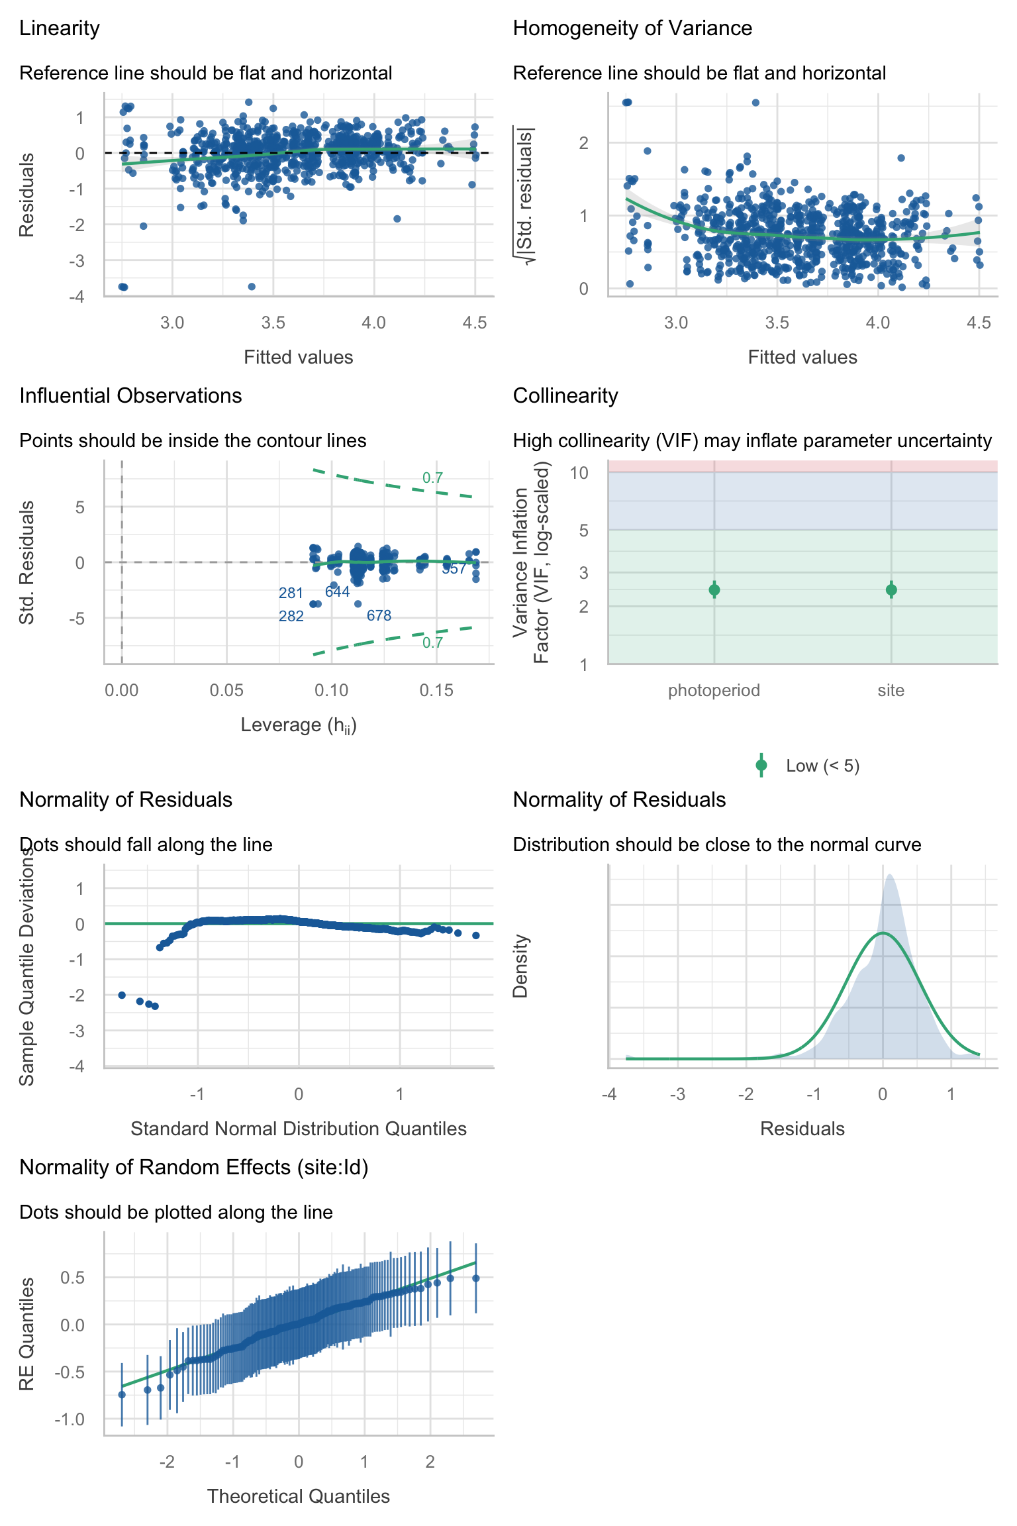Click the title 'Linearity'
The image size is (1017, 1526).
(60, 28)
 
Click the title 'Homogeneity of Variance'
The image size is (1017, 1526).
(632, 28)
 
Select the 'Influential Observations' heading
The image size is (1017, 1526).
(130, 396)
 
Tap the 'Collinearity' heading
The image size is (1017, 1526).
(565, 396)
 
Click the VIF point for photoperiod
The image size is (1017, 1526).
(714, 589)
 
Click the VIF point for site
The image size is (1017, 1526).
(891, 589)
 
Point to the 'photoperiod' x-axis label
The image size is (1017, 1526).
(714, 691)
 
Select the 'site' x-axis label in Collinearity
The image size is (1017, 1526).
(891, 691)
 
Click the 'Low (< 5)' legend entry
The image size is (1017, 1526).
(822, 766)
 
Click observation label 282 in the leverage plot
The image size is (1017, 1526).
(291, 617)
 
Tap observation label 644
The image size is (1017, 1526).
(338, 592)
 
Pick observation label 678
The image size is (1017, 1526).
(379, 616)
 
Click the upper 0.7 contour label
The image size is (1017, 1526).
(432, 478)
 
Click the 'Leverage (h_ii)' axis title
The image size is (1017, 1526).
(299, 725)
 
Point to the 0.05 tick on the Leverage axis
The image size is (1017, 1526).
(226, 691)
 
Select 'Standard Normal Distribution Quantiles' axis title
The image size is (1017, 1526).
(299, 1129)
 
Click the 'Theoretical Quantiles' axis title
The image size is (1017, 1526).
(299, 1497)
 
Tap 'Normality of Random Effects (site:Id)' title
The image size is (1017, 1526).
(194, 1168)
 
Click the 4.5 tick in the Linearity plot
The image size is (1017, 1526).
(475, 323)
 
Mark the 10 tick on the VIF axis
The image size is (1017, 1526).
(579, 473)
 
